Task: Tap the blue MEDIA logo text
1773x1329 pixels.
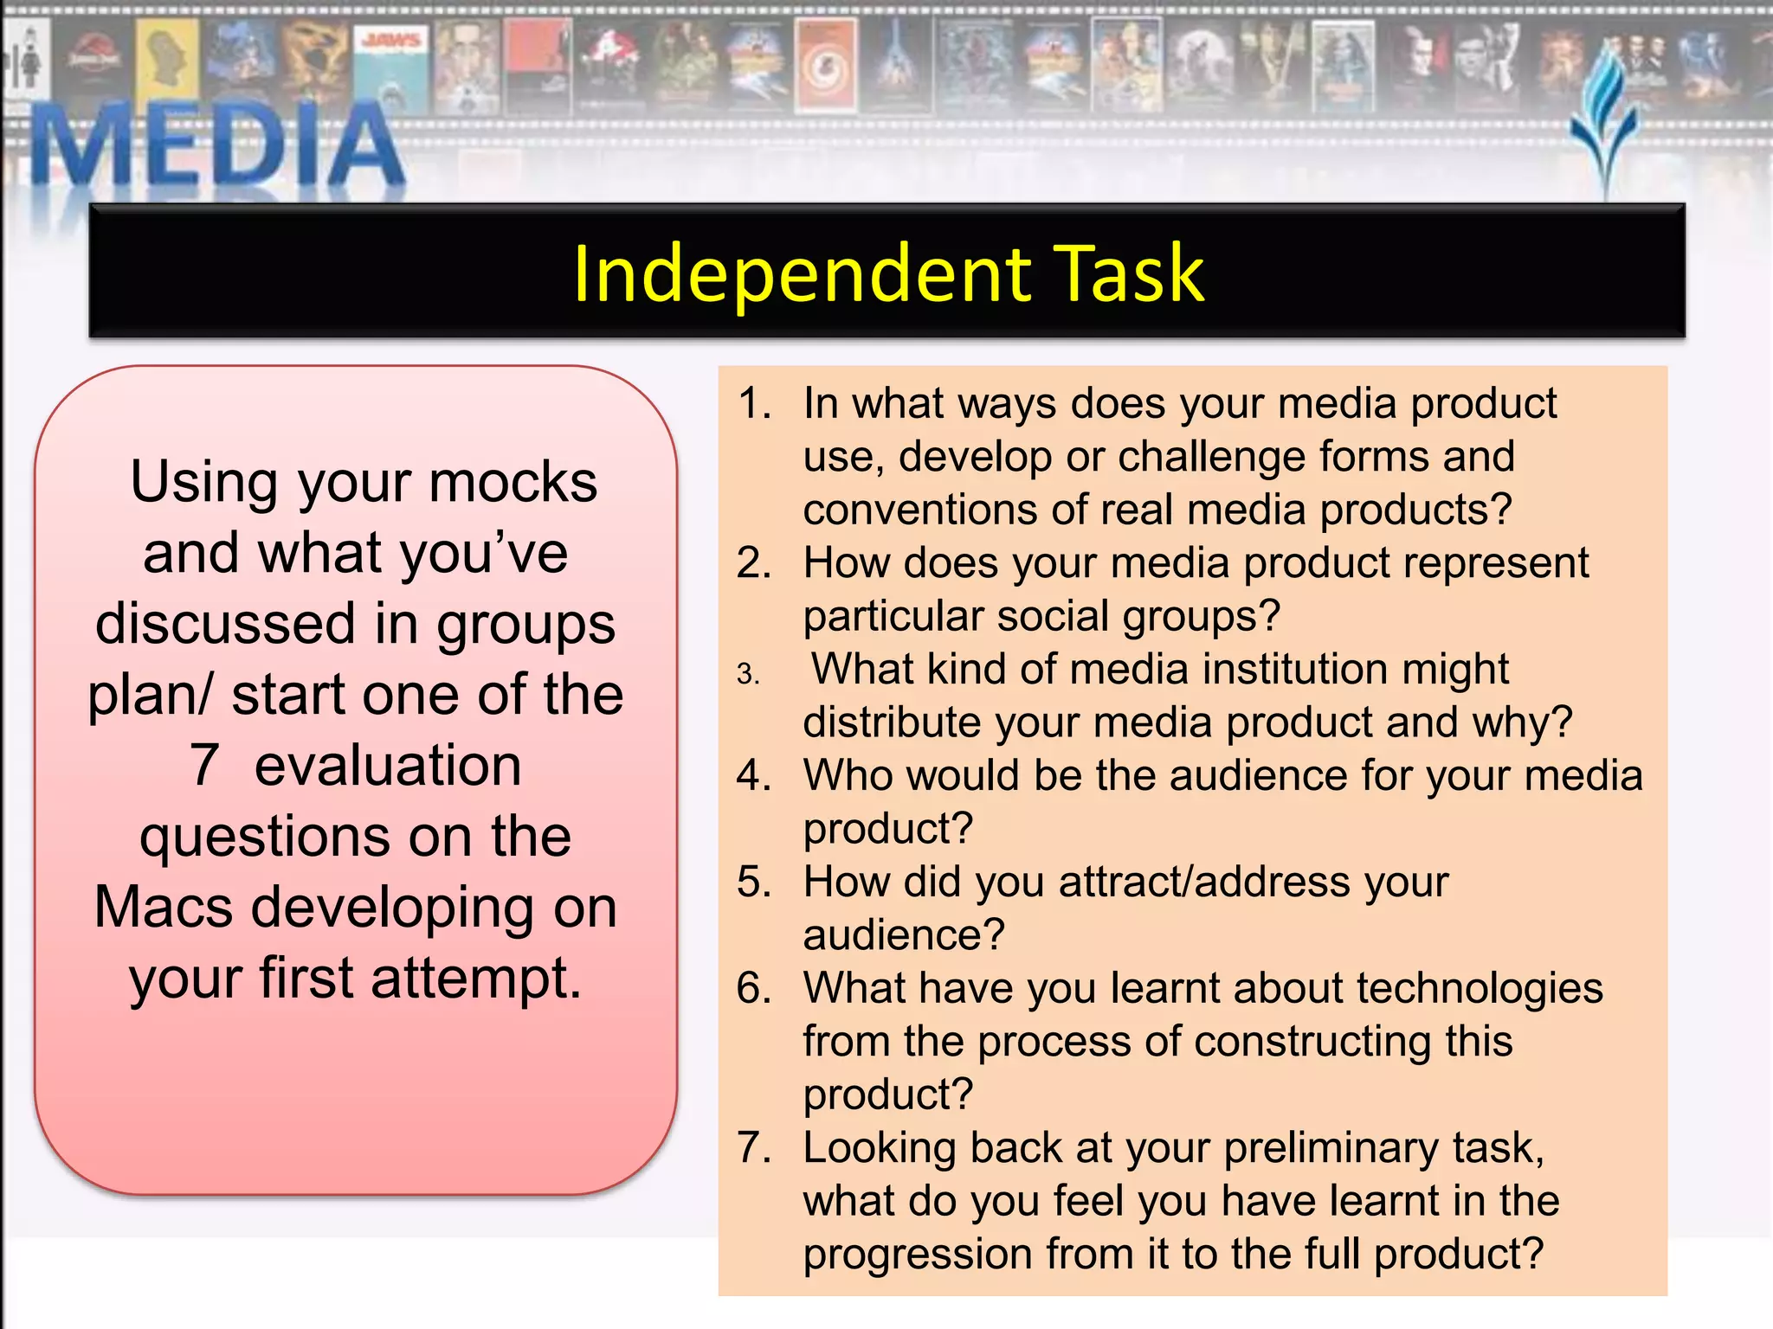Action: pyautogui.click(x=217, y=145)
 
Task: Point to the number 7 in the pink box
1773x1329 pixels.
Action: pyautogui.click(x=204, y=766)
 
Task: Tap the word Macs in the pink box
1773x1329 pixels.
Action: pyautogui.click(x=164, y=908)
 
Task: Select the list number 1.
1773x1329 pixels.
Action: pyautogui.click(x=754, y=404)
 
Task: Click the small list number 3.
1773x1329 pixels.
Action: pyautogui.click(x=748, y=674)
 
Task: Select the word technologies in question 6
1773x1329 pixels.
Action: pyautogui.click(x=1480, y=989)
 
